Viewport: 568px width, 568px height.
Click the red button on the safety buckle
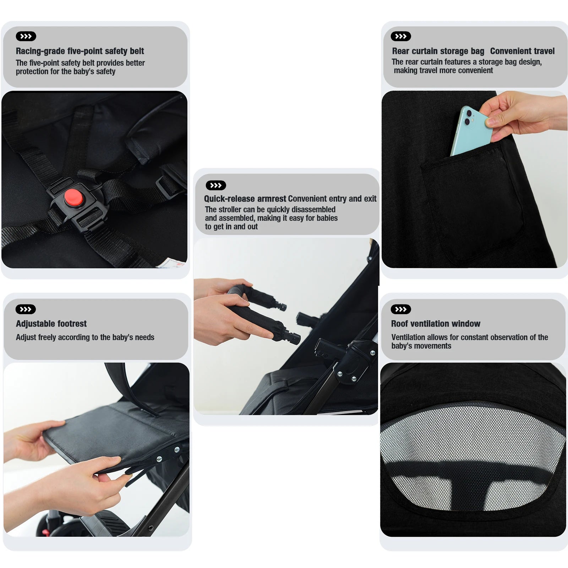pyautogui.click(x=73, y=197)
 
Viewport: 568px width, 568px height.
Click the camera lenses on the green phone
pyautogui.click(x=468, y=118)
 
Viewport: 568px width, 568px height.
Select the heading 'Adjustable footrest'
pyautogui.click(x=51, y=324)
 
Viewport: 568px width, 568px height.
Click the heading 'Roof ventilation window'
pyautogui.click(x=435, y=324)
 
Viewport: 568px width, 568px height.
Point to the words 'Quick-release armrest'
pyautogui.click(x=245, y=199)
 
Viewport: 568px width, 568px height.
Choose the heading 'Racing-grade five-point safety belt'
pyautogui.click(x=80, y=51)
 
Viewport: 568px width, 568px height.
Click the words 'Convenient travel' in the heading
pyautogui.click(x=522, y=51)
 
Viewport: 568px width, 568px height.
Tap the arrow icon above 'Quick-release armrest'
pyautogui.click(x=216, y=185)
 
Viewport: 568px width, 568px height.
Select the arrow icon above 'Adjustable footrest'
pyautogui.click(x=26, y=309)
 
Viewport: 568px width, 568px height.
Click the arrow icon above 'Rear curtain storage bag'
pyautogui.click(x=400, y=36)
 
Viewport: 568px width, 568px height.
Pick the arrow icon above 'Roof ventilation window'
pyautogui.click(x=400, y=309)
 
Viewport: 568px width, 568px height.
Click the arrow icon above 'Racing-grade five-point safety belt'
pyautogui.click(x=26, y=36)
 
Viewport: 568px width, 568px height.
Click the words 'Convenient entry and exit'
pyautogui.click(x=332, y=199)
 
